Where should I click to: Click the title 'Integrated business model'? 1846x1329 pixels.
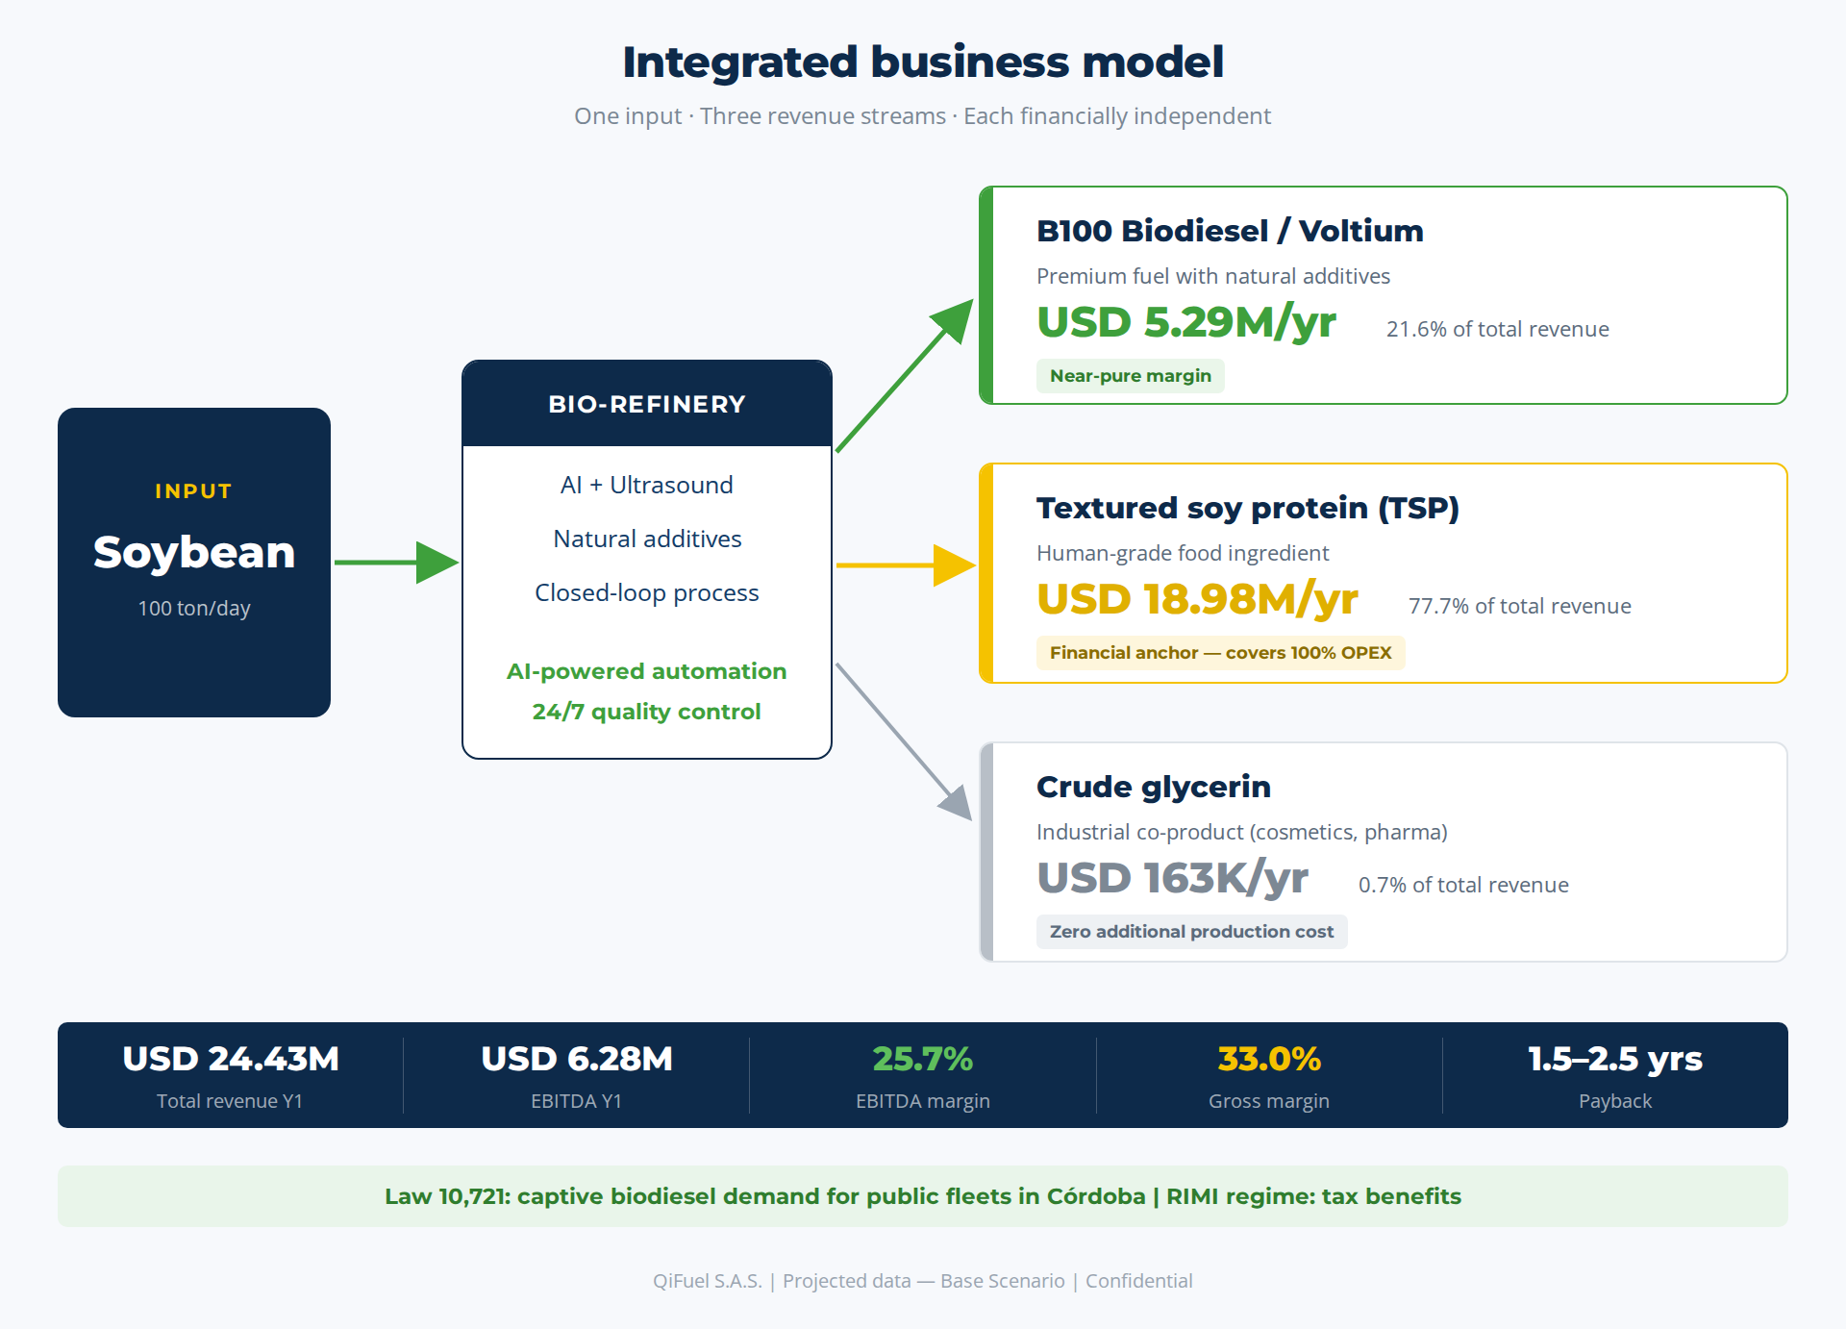pos(923,63)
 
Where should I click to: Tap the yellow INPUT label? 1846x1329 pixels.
pos(193,491)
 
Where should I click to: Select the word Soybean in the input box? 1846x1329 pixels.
pos(194,552)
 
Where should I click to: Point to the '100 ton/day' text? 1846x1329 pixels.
pos(194,608)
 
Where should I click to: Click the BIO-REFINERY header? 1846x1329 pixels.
pos(647,404)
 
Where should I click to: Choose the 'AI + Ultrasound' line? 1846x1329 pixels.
pos(647,485)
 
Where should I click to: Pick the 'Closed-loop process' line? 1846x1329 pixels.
pos(647,592)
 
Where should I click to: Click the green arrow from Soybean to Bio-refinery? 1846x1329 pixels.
pos(396,563)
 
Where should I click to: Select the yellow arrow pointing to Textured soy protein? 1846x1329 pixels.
pos(906,565)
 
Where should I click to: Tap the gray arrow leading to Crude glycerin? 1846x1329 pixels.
pos(904,741)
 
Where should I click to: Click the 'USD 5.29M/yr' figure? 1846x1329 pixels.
pos(1186,322)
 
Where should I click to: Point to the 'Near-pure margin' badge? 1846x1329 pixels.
pos(1131,376)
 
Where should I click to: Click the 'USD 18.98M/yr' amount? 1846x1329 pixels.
pos(1197,599)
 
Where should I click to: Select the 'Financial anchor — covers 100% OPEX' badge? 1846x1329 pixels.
pos(1221,653)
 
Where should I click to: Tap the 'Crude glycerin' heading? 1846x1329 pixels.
pos(1154,788)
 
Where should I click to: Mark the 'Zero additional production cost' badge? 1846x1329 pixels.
pos(1192,932)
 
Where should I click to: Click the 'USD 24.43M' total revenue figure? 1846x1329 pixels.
pos(231,1059)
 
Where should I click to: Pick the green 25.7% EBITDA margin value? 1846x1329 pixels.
pos(923,1059)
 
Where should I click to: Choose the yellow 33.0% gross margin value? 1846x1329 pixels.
pos(1269,1059)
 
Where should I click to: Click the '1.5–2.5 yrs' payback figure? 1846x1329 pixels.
pos(1615,1059)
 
